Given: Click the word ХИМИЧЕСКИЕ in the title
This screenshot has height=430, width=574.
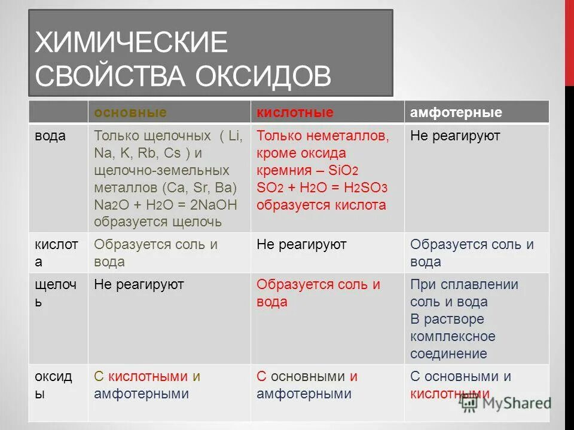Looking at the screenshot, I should pos(132,44).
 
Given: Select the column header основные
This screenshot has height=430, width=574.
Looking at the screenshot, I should pos(130,113).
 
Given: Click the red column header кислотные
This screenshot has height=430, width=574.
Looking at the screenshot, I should pos(295,113).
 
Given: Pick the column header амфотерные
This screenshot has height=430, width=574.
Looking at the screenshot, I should pos(456,113).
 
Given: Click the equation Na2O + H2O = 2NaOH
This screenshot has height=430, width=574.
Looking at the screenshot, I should pos(166,205).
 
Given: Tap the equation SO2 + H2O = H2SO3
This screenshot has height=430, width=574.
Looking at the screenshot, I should pos(322,188).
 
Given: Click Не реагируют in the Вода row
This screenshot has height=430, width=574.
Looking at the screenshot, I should pos(454,136).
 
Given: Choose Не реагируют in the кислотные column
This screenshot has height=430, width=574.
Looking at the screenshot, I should pos(301,244).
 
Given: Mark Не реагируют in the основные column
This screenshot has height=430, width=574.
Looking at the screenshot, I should pos(139,284).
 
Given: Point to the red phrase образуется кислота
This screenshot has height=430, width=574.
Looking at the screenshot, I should pos(321,205).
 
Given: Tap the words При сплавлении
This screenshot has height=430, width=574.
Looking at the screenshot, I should pos(464,284).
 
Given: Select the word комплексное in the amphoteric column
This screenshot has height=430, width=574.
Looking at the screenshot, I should pos(453,336).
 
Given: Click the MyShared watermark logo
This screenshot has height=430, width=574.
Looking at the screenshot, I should pos(506,403).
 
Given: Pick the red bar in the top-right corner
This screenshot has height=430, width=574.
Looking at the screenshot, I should pos(569,42).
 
